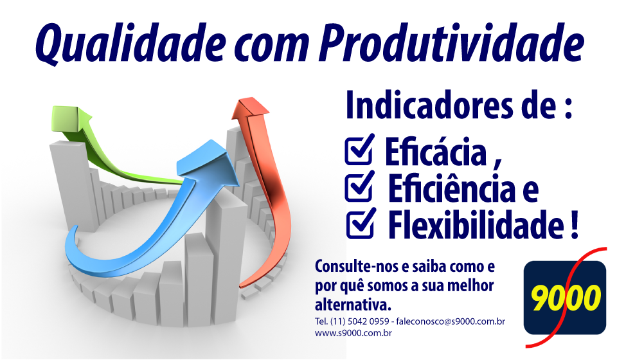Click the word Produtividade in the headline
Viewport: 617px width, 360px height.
452,41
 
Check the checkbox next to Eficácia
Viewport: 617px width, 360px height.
359,150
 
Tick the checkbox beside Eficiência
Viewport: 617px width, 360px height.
359,186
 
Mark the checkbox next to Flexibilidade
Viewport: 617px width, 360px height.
361,223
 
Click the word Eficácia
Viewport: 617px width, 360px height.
436,152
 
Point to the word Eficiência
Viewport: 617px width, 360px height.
452,188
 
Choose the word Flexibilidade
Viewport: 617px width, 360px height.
476,224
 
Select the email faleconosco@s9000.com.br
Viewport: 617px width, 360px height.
451,321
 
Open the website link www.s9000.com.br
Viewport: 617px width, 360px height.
353,333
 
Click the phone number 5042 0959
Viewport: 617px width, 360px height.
368,321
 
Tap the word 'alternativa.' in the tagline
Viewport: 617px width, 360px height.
353,305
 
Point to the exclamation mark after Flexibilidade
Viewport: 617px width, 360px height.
574,224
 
